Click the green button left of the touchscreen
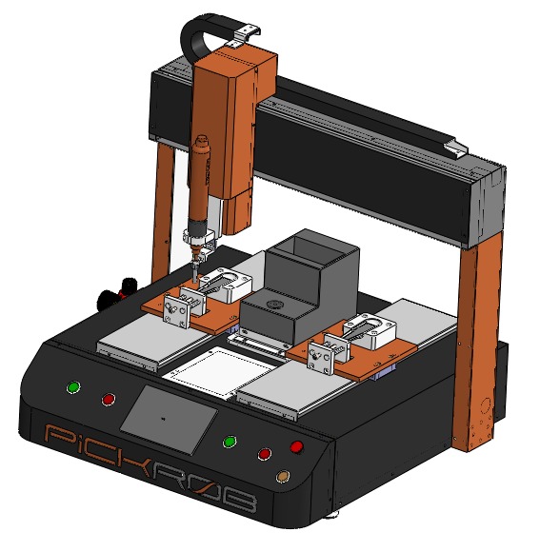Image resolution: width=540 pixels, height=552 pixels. pos(73,387)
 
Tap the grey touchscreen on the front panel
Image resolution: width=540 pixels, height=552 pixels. pos(170,420)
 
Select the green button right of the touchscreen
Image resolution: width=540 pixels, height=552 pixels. pos(230,442)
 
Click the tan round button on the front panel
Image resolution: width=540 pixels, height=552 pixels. pos(282,477)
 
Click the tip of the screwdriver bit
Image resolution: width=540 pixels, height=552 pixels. pos(194,282)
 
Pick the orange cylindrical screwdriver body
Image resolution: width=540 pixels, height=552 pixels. pos(198,183)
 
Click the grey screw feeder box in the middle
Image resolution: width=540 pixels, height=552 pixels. pos(299,286)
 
